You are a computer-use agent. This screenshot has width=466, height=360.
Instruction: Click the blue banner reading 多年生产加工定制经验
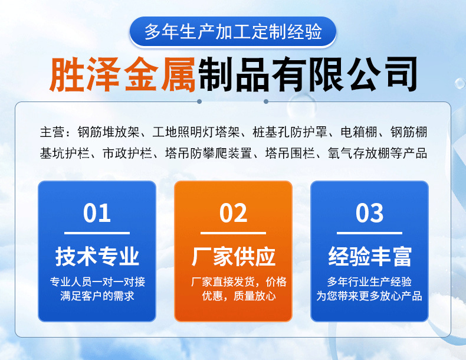(x=233, y=32)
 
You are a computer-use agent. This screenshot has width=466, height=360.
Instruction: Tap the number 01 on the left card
(x=97, y=213)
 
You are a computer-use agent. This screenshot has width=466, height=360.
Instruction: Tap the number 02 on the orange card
(x=233, y=213)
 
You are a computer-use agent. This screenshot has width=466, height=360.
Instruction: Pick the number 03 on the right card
(x=369, y=213)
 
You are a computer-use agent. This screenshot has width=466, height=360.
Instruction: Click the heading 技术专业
(x=97, y=257)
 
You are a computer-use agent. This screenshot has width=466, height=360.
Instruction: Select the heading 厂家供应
(x=233, y=257)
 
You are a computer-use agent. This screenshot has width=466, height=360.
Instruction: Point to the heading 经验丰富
(x=369, y=257)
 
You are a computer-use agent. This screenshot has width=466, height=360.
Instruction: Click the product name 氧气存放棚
(x=355, y=153)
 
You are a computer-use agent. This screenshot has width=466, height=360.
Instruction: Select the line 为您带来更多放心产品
(x=369, y=296)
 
